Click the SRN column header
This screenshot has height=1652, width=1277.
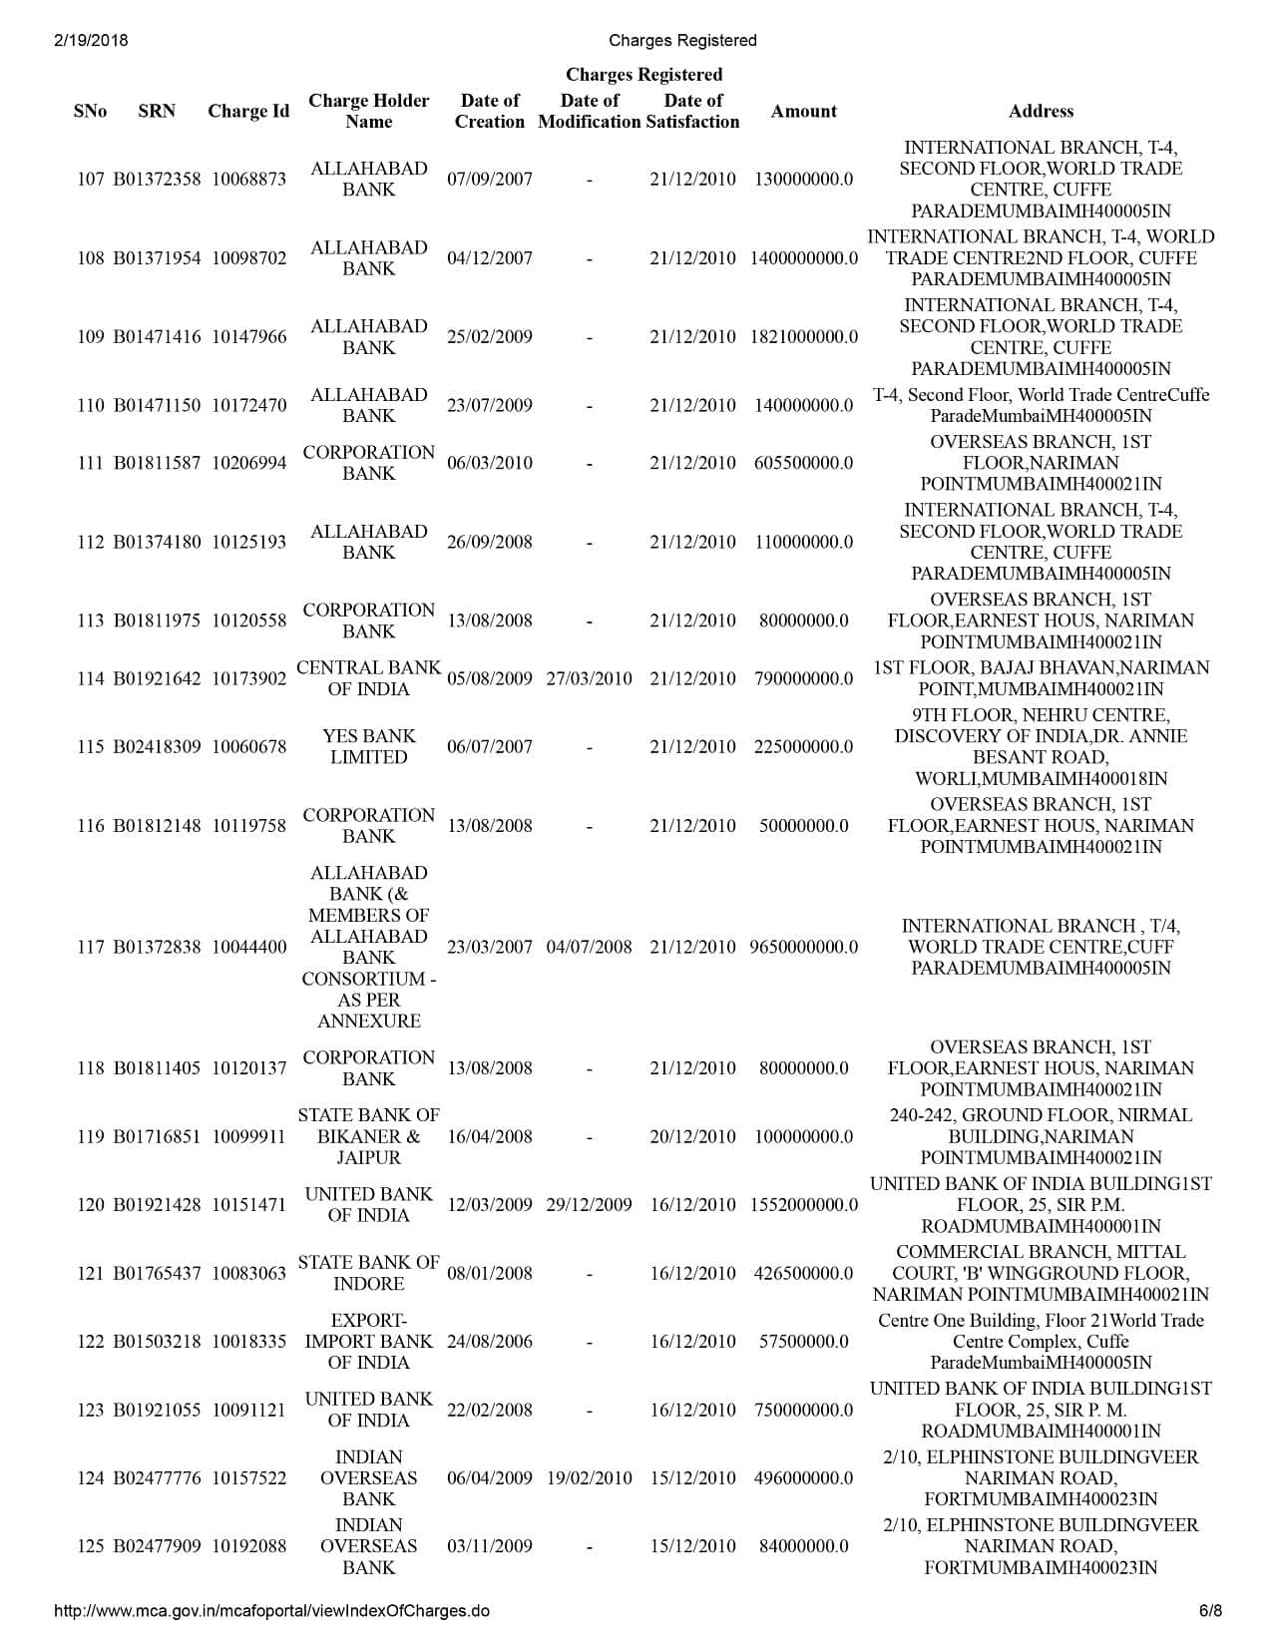[x=157, y=111]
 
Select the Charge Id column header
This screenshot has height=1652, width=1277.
[x=248, y=111]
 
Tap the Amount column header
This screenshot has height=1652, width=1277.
[x=803, y=111]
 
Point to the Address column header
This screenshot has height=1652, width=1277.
[x=1041, y=111]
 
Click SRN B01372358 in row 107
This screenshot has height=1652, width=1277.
[x=157, y=180]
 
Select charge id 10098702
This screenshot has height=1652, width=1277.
[x=248, y=258]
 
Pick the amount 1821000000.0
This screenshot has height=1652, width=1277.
[x=803, y=337]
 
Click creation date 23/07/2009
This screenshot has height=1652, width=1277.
[x=489, y=405]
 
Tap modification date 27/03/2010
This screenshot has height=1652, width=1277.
[x=589, y=678]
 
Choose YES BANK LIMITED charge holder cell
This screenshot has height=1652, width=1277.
[x=368, y=746]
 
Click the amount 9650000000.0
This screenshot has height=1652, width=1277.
[x=803, y=947]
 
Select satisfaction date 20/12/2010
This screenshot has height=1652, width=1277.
[x=692, y=1136]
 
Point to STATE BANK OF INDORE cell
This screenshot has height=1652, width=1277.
[x=368, y=1273]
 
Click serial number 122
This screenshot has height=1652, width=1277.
[x=91, y=1342]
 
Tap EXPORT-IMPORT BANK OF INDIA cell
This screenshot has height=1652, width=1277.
[x=368, y=1342]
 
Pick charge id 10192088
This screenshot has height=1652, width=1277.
[x=248, y=1546]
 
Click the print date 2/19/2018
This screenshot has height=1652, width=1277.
[x=86, y=41]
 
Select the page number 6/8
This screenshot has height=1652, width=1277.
[x=1209, y=1611]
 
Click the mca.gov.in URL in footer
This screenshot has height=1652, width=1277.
[x=270, y=1611]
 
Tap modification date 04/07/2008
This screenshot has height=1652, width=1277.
[x=589, y=947]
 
